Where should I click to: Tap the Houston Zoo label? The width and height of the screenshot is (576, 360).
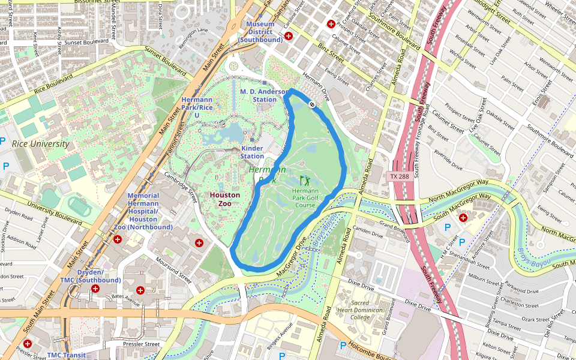[x=225, y=199]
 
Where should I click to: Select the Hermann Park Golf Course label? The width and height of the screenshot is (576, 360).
[x=305, y=198]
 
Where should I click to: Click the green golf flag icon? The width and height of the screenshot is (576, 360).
[x=305, y=180]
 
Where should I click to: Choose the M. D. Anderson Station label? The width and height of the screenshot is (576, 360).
[x=265, y=95]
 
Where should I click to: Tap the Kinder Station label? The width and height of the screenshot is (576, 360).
[x=252, y=152]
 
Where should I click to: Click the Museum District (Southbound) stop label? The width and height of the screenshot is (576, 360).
[x=260, y=32]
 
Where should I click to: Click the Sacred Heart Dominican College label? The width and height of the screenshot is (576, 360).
[x=360, y=310]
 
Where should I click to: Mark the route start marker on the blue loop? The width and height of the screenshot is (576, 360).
[x=312, y=104]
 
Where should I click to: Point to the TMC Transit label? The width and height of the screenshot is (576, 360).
[x=66, y=355]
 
